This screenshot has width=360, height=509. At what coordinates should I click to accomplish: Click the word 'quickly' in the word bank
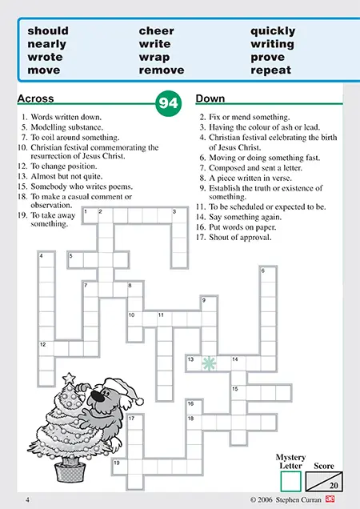273,31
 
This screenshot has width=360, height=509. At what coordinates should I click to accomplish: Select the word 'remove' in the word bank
162,70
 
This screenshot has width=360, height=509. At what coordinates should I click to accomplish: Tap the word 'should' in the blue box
48,31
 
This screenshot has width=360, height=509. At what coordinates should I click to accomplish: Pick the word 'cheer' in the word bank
157,31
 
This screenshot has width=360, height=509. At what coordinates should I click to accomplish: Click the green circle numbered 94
169,103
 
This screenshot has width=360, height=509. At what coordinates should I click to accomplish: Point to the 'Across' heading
35,98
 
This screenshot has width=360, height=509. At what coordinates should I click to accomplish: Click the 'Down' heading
210,98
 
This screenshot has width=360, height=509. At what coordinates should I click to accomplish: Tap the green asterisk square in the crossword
209,363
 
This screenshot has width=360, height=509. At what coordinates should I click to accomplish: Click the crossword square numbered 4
46,259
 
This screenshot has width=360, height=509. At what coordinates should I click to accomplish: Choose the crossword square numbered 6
268,275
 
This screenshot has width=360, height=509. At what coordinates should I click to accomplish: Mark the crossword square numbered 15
238,393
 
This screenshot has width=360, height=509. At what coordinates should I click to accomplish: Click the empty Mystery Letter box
291,481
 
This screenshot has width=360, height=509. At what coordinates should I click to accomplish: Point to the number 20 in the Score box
334,486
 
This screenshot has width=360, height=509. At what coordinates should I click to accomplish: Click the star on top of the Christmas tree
69,379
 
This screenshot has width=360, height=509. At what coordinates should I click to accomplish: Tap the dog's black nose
98,395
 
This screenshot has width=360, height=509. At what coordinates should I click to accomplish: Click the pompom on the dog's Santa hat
139,402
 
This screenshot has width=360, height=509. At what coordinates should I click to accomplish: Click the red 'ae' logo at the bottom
330,499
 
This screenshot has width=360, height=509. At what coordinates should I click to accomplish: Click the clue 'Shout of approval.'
240,238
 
